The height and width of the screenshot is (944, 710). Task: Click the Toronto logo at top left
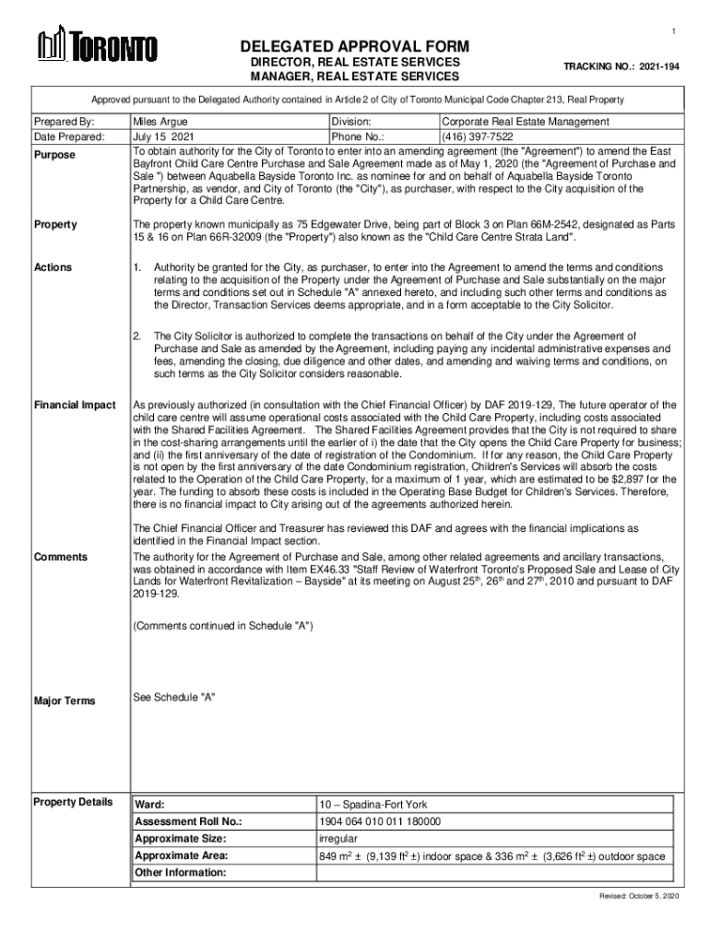tap(97, 46)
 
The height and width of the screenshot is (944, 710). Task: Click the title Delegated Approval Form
tap(355, 47)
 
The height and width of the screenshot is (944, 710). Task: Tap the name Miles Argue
tap(161, 122)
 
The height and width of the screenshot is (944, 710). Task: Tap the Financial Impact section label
tap(75, 406)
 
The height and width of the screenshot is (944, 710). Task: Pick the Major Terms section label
tap(64, 701)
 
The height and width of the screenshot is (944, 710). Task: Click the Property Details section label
tap(73, 801)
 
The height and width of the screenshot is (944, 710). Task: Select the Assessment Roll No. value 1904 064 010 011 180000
tap(380, 821)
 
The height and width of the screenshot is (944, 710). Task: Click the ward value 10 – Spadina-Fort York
tap(373, 804)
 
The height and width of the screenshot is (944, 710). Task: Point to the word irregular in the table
tap(338, 839)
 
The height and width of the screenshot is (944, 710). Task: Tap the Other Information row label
tap(179, 873)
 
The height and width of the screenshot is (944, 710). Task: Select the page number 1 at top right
tap(673, 33)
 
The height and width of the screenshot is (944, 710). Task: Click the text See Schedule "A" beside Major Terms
tap(174, 696)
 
